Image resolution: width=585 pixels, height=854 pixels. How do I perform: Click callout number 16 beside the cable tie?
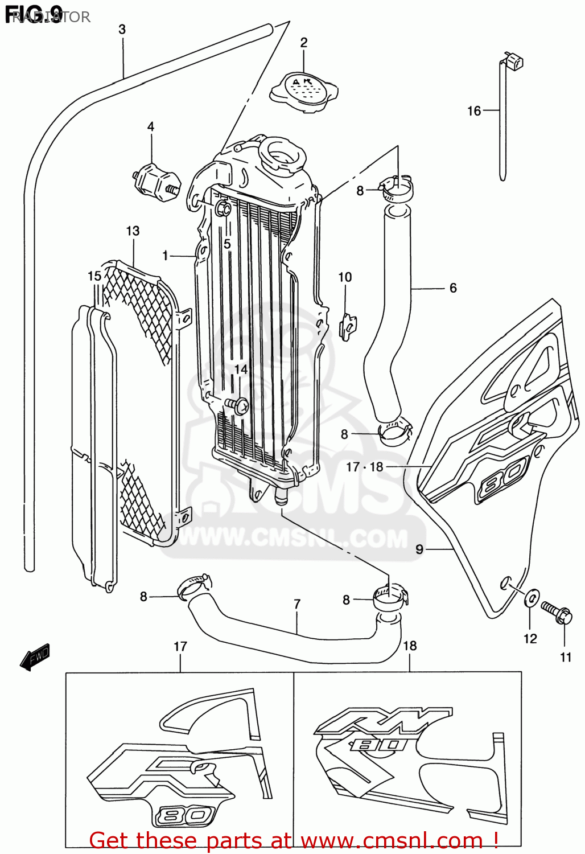coord(474,111)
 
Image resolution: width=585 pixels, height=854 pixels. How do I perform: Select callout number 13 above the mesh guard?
coord(133,231)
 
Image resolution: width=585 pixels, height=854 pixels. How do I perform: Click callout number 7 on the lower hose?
coord(297,604)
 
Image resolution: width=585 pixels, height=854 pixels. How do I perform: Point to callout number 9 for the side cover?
coord(419,549)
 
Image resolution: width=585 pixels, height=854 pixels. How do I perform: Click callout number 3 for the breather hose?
coord(122,29)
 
